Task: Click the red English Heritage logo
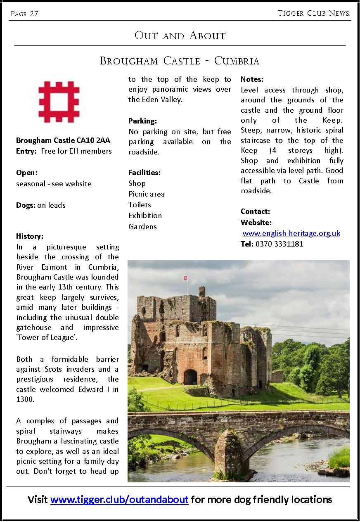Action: pos(59,102)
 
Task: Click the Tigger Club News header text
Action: pos(313,13)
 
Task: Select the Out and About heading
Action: pos(180,36)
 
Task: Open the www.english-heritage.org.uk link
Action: pos(291,233)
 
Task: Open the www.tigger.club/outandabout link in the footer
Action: pos(119,500)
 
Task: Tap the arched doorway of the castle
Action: pos(190,377)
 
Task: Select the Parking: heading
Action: pos(142,121)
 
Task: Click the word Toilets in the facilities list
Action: pos(140,205)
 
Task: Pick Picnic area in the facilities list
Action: pos(146,194)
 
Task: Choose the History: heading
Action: pos(30,236)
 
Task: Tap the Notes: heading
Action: pos(252,79)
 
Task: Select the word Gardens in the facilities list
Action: pos(142,226)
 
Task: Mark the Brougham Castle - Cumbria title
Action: pos(180,61)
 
